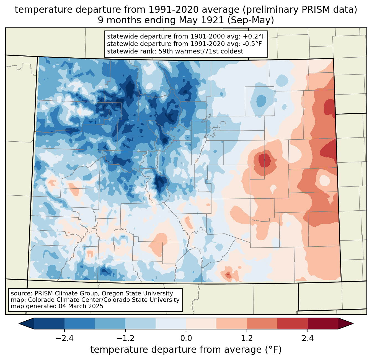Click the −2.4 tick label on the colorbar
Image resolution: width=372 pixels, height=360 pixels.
(x=64, y=338)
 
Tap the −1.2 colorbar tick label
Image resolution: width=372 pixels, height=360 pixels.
(x=125, y=338)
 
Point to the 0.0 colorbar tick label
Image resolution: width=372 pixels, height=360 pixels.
(x=186, y=338)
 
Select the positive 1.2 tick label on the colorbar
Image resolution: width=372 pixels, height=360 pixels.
(x=247, y=338)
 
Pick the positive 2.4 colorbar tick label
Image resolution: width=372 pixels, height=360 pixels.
(x=308, y=338)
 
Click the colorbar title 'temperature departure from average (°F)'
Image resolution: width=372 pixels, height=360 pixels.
(x=186, y=350)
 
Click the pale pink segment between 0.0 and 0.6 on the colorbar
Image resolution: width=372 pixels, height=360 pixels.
(x=201, y=323)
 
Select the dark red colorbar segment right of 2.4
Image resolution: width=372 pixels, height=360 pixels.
(x=323, y=323)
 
